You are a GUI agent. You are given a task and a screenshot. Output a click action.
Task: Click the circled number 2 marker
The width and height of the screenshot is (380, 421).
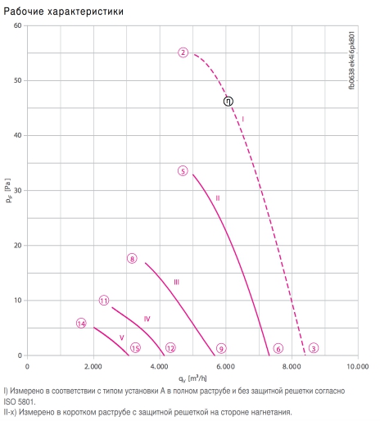pos(183,52)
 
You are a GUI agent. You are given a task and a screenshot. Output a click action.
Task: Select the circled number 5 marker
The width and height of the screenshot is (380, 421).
pos(183,171)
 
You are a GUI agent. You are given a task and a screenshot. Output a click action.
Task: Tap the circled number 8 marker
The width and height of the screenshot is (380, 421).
pos(132,259)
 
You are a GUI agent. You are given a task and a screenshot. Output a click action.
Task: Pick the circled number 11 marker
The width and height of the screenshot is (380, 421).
pos(104,301)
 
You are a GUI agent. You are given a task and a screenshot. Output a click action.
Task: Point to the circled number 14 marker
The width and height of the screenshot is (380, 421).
pos(81,324)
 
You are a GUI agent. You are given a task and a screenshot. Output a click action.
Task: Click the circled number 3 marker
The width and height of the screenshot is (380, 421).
pos(314,348)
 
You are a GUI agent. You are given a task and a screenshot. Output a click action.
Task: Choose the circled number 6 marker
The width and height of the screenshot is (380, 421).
pos(278,348)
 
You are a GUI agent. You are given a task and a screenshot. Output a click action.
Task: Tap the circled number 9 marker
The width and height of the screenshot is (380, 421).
pos(221,348)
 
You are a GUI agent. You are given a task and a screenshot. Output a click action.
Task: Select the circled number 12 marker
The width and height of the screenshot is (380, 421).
pos(170,348)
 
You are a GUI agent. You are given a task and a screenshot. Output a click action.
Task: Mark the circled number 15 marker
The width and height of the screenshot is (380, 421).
pos(135,348)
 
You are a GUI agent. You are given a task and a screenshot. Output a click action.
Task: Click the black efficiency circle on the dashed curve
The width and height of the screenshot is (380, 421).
pos(228,102)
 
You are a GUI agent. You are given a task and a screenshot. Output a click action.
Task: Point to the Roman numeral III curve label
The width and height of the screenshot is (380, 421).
pos(177,282)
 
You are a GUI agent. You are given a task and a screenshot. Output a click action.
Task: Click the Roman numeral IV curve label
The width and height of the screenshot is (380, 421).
pos(147,319)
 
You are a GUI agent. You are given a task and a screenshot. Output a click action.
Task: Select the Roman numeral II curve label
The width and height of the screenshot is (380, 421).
pos(218,198)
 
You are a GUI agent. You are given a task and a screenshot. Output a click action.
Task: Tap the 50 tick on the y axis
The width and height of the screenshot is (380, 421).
pos(17,80)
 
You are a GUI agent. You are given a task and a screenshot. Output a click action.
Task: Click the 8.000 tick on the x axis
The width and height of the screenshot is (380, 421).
pos(292,366)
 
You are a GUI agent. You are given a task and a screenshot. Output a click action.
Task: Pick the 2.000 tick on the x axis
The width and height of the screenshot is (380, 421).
pos(93,366)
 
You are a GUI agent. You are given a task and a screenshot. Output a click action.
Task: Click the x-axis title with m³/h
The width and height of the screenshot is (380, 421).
pos(192,378)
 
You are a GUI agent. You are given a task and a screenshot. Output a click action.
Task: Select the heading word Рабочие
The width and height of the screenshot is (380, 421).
pos(24,11)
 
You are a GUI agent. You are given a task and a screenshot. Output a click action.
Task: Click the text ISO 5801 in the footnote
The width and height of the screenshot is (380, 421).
pos(20,402)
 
